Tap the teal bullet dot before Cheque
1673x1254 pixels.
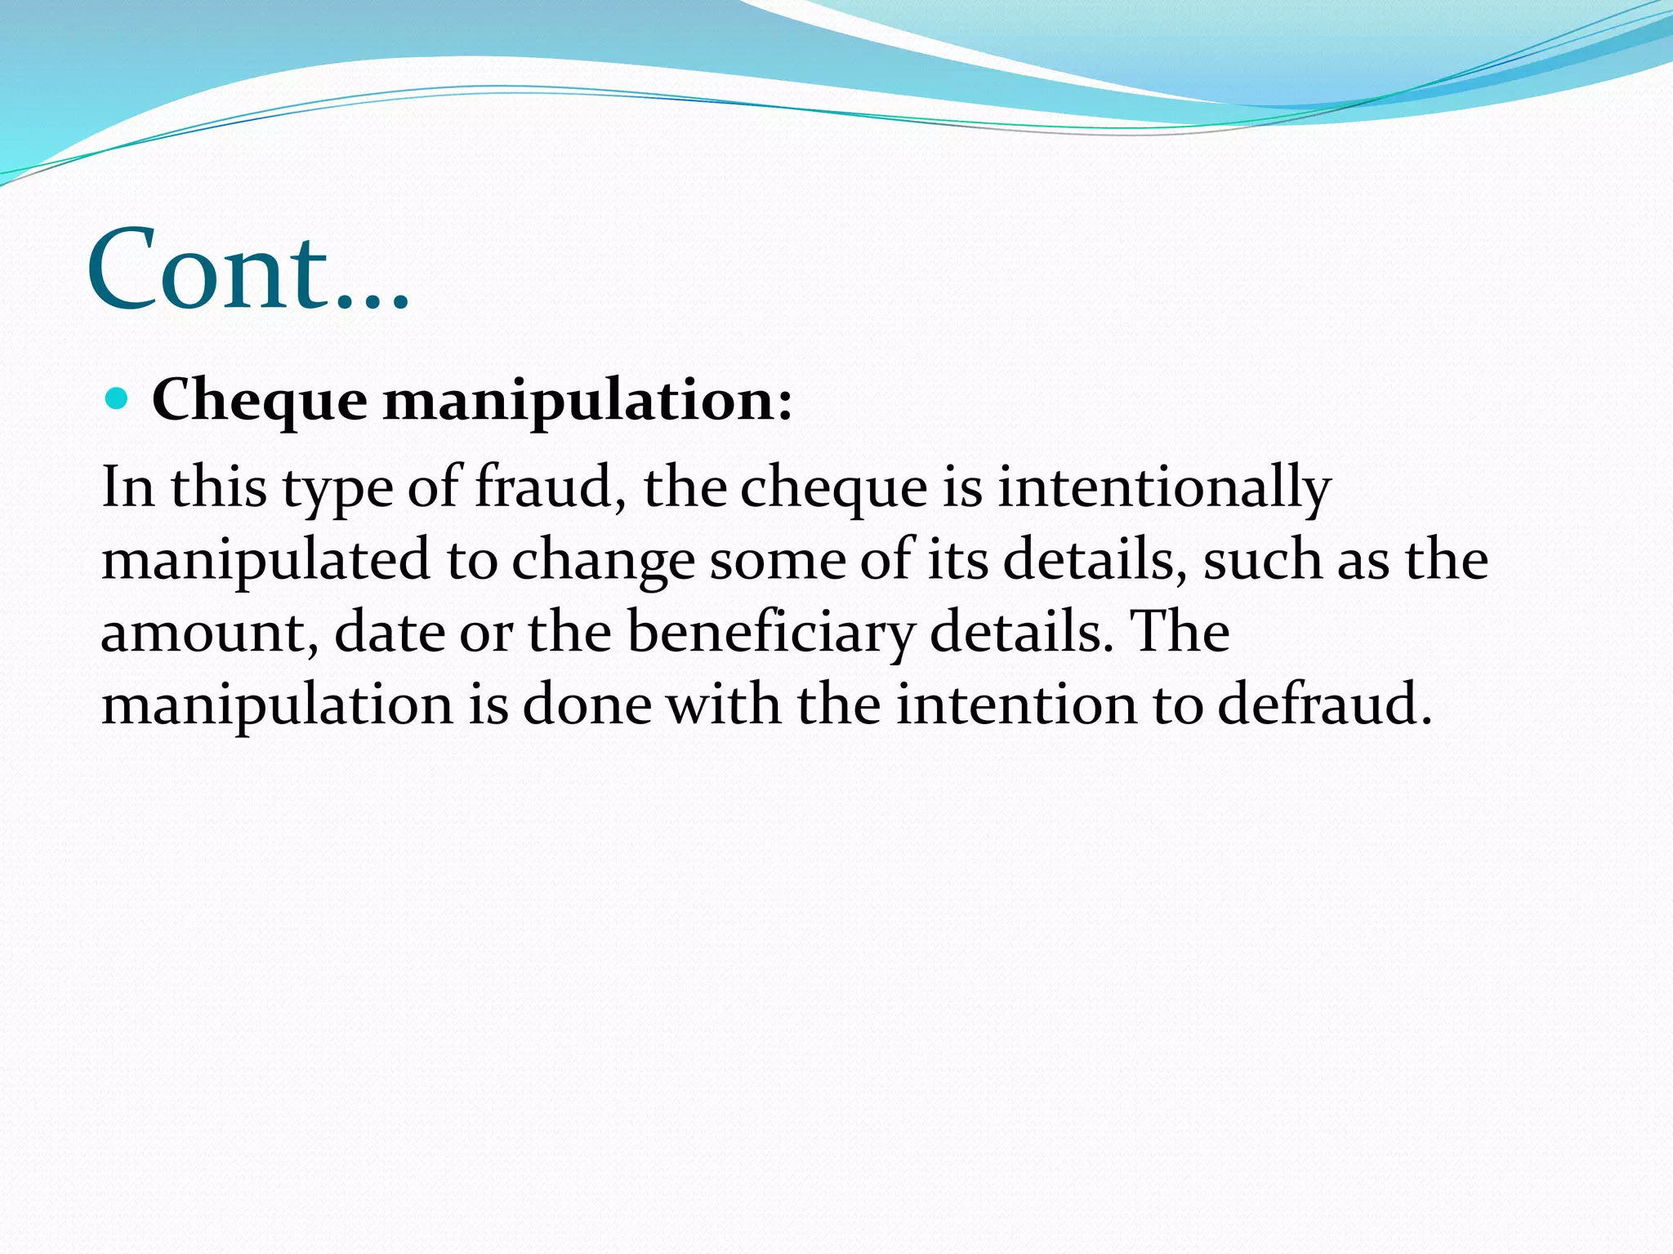click(118, 399)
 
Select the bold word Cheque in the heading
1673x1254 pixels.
click(260, 402)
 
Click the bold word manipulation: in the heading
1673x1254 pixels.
click(587, 402)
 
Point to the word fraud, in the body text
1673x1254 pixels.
click(551, 487)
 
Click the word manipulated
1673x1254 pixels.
click(265, 562)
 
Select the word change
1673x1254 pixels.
click(604, 562)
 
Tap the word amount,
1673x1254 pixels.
click(209, 634)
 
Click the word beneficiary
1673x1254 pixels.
click(770, 634)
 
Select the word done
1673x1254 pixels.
click(587, 704)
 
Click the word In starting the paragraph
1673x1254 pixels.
click(127, 487)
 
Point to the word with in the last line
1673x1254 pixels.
click(724, 704)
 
